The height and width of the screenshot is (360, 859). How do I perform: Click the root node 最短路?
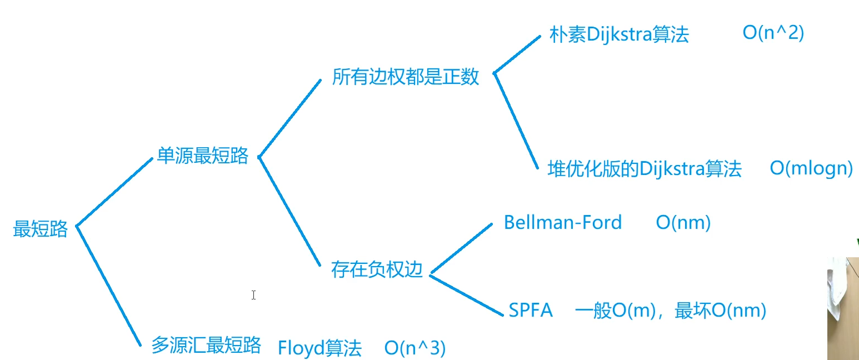(x=41, y=229)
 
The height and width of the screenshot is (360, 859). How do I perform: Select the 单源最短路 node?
(x=202, y=156)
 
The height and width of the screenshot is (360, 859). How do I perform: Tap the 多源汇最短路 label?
(x=206, y=345)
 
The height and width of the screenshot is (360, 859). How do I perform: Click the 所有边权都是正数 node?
(x=406, y=77)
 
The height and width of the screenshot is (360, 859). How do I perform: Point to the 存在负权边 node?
(x=377, y=269)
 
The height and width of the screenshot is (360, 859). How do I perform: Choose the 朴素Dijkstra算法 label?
(x=619, y=34)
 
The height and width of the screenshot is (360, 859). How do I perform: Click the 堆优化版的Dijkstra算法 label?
(x=645, y=168)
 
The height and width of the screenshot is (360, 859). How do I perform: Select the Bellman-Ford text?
(x=562, y=223)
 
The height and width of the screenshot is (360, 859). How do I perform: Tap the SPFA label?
(x=531, y=311)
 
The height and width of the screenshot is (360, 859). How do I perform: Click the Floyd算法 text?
(x=319, y=348)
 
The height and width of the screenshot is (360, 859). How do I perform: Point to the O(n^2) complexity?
(x=773, y=33)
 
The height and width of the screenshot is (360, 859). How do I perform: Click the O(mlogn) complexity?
(x=811, y=168)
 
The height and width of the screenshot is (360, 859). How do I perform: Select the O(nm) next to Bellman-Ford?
(x=683, y=223)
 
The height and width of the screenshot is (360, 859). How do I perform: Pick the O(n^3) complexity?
(x=415, y=348)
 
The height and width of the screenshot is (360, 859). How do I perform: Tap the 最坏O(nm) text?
(x=720, y=311)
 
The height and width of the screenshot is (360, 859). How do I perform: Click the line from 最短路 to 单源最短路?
(x=114, y=192)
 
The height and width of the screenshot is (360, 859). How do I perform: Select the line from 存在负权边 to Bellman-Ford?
(x=461, y=249)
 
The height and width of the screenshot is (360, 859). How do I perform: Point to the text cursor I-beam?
(x=253, y=295)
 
